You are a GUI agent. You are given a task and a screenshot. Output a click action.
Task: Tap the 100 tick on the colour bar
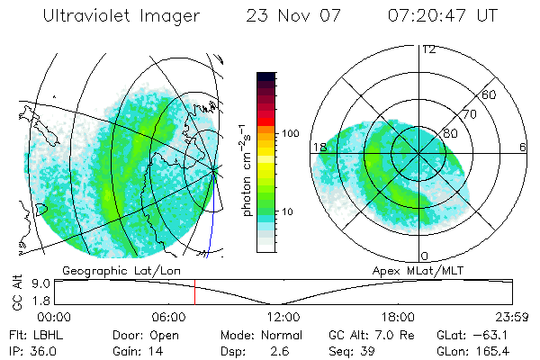(291, 132)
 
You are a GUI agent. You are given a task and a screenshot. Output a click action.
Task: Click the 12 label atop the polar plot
(428, 49)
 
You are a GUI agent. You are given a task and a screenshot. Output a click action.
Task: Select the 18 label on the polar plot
(319, 147)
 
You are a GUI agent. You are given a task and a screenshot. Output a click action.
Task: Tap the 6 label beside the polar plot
(523, 147)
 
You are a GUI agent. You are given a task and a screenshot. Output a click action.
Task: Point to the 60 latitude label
(490, 94)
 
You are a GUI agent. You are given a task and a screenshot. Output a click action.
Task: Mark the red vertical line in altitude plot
(194, 292)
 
